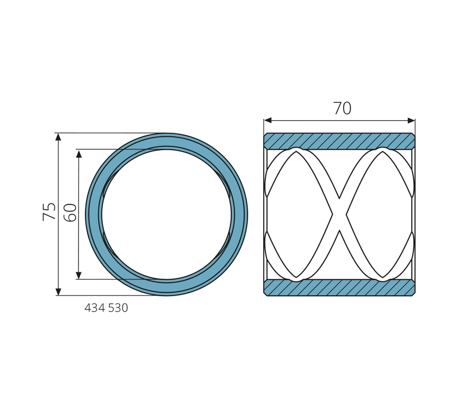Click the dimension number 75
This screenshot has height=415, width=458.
[x=49, y=211]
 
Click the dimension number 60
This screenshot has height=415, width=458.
[x=70, y=213]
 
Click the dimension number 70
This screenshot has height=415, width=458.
[x=342, y=108]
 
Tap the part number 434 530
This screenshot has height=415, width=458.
[x=106, y=308]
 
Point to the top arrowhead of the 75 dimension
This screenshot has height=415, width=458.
[x=58, y=137]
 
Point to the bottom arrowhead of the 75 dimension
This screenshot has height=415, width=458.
[x=58, y=291]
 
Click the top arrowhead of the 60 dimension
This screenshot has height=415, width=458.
[x=79, y=153]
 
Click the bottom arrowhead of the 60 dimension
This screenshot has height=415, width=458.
[x=79, y=276]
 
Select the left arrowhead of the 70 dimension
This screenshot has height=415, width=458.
[x=268, y=121]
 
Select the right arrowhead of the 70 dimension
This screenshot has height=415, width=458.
[x=411, y=121]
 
